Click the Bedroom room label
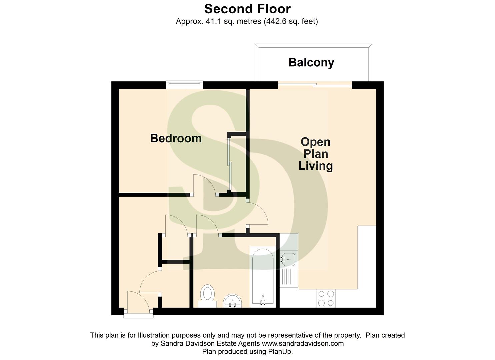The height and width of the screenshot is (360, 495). pos(176,138)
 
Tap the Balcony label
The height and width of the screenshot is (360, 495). pos(311,62)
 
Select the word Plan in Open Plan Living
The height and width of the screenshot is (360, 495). pos(315,154)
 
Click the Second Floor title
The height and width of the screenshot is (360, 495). pos(247,9)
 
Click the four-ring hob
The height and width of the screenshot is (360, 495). pos(326,298)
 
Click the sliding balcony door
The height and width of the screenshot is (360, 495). pos(315,85)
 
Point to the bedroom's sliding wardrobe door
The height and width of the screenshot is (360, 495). pos(229,163)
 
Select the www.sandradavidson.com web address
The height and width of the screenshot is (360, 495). pos(303,343)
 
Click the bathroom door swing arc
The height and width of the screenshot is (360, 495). pos(207,225)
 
